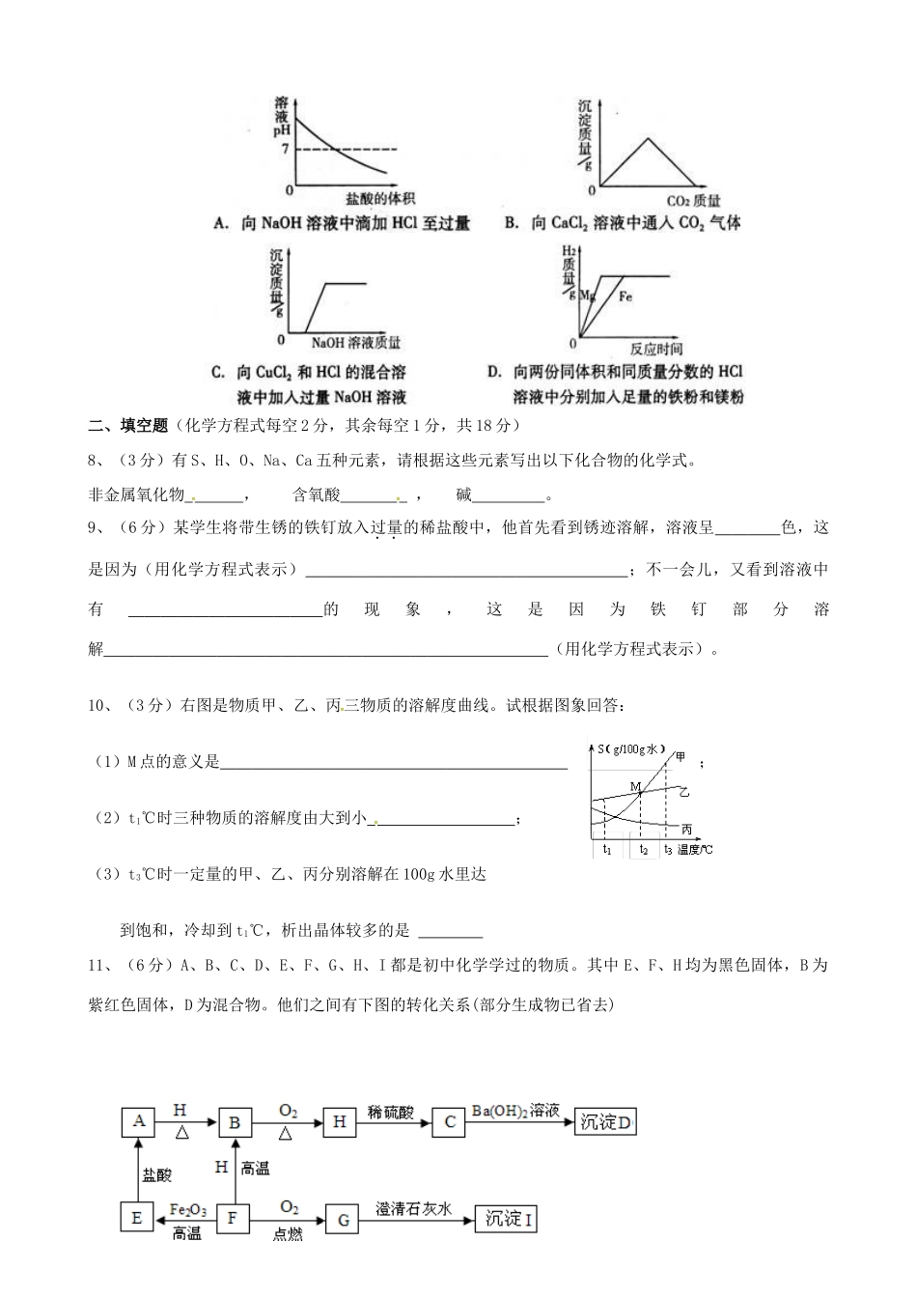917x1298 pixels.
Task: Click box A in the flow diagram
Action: (139, 1121)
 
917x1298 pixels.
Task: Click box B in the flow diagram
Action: (235, 1122)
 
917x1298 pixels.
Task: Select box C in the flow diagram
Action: (449, 1122)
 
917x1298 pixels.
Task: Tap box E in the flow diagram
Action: (136, 1218)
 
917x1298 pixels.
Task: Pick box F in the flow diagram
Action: (232, 1218)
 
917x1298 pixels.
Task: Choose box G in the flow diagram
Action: (342, 1219)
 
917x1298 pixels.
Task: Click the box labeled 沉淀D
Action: (606, 1122)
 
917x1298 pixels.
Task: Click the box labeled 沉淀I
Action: (508, 1219)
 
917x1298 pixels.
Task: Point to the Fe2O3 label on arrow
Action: (187, 1209)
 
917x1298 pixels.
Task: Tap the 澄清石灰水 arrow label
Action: (414, 1208)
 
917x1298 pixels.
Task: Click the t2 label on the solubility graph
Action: (644, 850)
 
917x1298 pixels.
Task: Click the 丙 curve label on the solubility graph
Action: (686, 830)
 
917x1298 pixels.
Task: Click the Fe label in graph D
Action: (625, 296)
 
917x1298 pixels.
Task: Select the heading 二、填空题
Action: (128, 425)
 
